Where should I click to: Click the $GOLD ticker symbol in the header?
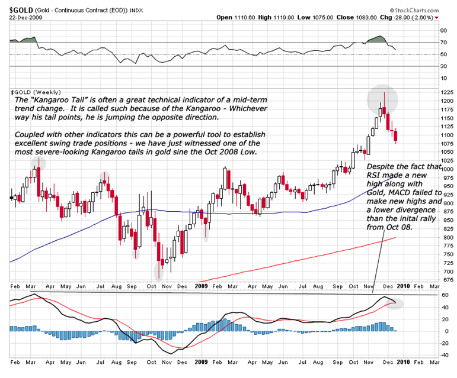point(20,9)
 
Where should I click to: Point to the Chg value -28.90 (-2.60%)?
point(414,17)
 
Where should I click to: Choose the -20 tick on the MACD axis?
point(443,343)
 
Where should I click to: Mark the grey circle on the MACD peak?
point(391,303)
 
